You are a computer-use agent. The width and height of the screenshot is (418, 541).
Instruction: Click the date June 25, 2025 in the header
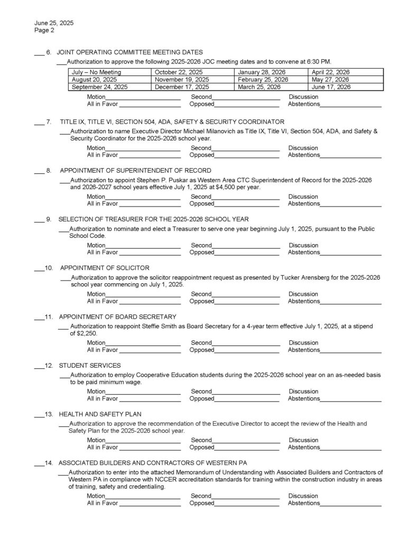[54, 24]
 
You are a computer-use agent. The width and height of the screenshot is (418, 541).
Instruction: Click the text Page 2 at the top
[44, 31]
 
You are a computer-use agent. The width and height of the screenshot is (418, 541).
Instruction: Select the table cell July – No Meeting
[97, 72]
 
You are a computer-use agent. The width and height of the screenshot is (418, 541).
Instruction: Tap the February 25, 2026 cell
[263, 80]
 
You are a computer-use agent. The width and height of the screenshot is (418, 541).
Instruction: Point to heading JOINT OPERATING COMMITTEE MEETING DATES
[129, 52]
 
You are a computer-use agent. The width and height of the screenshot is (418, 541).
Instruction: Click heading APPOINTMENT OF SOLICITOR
[104, 268]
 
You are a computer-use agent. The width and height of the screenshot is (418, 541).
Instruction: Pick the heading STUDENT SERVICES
[89, 365]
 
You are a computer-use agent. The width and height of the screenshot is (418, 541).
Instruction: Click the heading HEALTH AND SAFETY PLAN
[100, 414]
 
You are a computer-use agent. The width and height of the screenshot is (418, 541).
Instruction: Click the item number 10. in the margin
[49, 268]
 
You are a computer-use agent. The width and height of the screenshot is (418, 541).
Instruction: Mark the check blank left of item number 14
[39, 463]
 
